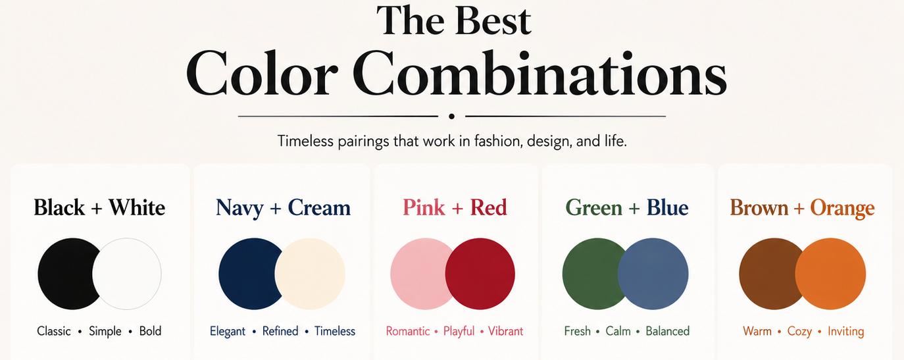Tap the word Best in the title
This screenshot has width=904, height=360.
click(x=493, y=20)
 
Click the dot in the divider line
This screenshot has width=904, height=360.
click(x=451, y=116)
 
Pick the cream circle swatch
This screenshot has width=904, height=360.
click(x=310, y=274)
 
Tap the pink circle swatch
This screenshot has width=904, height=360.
click(x=418, y=274)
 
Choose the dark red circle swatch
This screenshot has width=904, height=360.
click(x=480, y=274)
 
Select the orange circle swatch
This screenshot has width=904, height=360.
click(x=830, y=274)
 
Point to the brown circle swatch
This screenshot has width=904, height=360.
click(x=766, y=274)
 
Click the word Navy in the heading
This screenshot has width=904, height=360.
click(x=239, y=209)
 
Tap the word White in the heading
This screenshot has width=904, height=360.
click(x=138, y=207)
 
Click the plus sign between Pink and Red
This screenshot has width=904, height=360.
click(x=457, y=208)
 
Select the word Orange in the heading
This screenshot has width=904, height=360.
click(x=842, y=209)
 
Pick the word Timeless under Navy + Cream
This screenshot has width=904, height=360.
click(x=335, y=331)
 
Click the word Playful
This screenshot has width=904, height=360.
click(x=459, y=332)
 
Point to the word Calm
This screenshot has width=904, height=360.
click(x=618, y=331)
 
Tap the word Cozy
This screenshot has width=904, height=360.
click(x=799, y=332)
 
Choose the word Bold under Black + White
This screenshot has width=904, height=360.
click(x=150, y=331)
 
